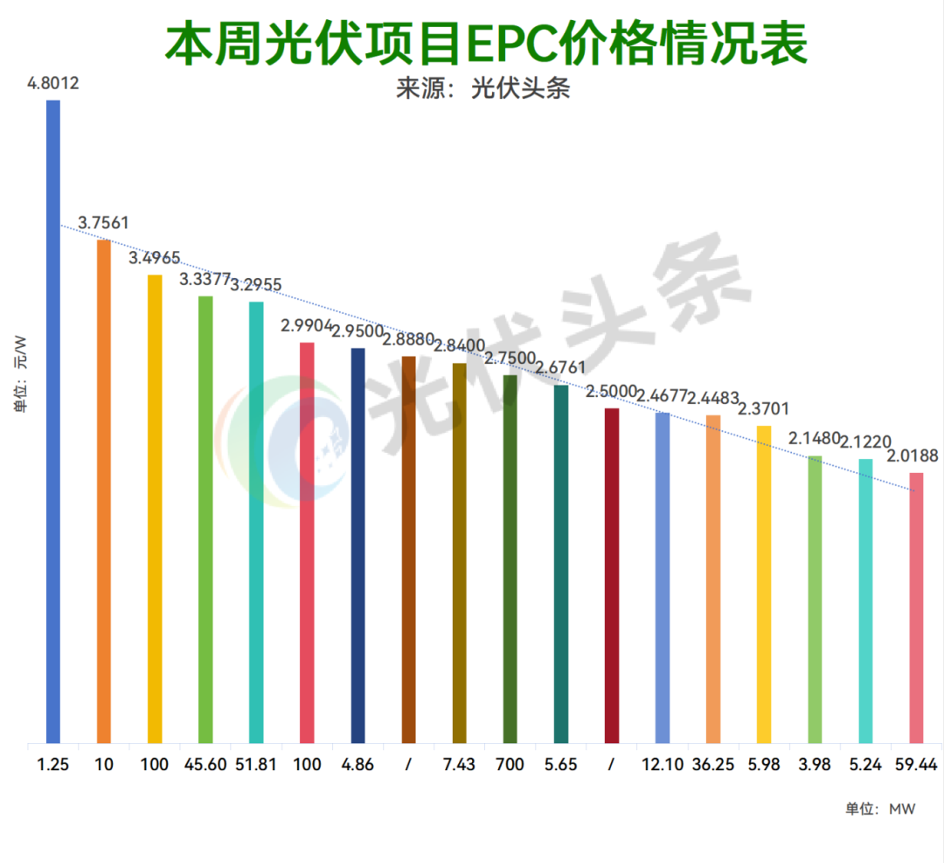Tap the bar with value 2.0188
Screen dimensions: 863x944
[x=916, y=608]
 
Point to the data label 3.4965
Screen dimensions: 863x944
[x=155, y=258]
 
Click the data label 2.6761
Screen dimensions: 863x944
[x=561, y=367]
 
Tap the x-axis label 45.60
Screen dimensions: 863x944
[x=205, y=764]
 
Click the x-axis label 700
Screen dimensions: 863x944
[x=510, y=764]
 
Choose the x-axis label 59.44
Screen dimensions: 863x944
[x=916, y=764]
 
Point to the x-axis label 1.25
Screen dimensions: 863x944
[x=53, y=764]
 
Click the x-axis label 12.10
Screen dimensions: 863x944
[x=662, y=764]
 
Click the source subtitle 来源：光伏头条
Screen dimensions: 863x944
[x=483, y=90]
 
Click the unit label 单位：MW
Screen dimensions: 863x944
[x=880, y=809]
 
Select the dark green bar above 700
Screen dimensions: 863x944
[x=510, y=560]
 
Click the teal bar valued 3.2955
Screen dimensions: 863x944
[x=256, y=523]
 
